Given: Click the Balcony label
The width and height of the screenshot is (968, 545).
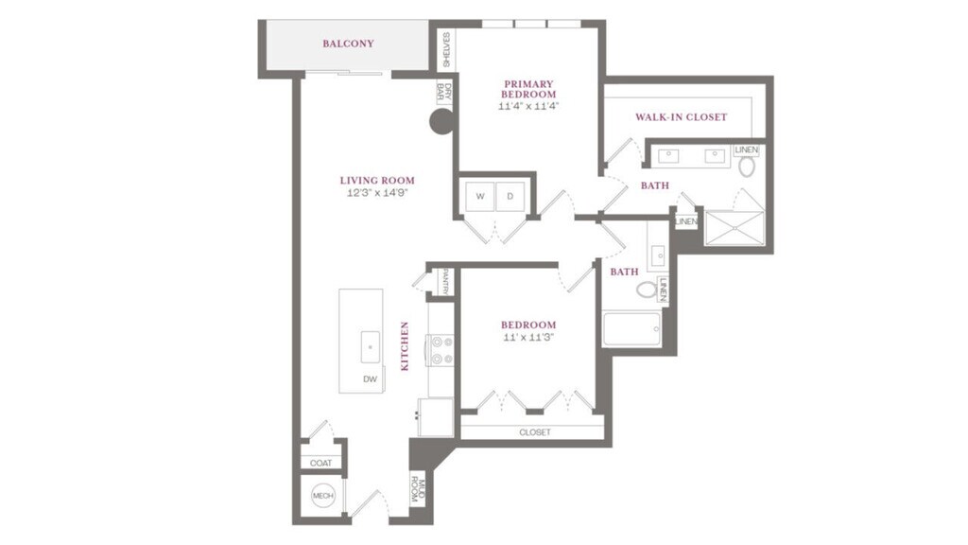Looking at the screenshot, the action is [x=348, y=44].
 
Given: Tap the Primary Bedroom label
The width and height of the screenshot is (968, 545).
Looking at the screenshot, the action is [x=528, y=89].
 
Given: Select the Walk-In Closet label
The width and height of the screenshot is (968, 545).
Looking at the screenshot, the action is [x=682, y=116].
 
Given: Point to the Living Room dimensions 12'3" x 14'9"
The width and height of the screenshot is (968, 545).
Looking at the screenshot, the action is [x=377, y=193].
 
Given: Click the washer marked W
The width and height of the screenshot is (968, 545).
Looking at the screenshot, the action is [x=480, y=197].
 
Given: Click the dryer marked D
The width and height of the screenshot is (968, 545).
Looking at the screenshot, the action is [x=510, y=197].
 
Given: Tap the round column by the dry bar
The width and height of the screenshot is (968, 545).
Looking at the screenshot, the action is [x=441, y=122].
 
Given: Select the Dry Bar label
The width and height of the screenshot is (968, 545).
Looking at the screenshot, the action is [x=444, y=93].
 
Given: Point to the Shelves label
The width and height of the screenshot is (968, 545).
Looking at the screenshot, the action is [x=446, y=51].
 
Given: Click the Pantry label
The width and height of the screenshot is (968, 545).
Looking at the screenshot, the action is [x=446, y=282].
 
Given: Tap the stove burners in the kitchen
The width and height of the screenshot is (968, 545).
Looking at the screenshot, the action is [x=441, y=350].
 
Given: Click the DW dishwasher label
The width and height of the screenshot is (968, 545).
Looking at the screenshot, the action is [x=370, y=379].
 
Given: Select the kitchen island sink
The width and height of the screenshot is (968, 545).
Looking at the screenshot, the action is [x=371, y=347].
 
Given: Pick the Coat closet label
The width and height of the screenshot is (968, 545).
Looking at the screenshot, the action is [x=321, y=463].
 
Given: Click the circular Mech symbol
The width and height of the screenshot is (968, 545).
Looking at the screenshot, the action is [x=323, y=496].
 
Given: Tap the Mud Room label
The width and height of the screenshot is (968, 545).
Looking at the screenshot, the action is [x=418, y=490].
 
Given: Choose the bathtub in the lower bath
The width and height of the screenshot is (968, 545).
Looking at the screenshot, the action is [x=631, y=329].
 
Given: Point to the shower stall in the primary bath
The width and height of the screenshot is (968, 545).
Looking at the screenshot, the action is [x=735, y=228].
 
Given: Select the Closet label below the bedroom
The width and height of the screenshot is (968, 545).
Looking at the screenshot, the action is [x=535, y=432].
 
